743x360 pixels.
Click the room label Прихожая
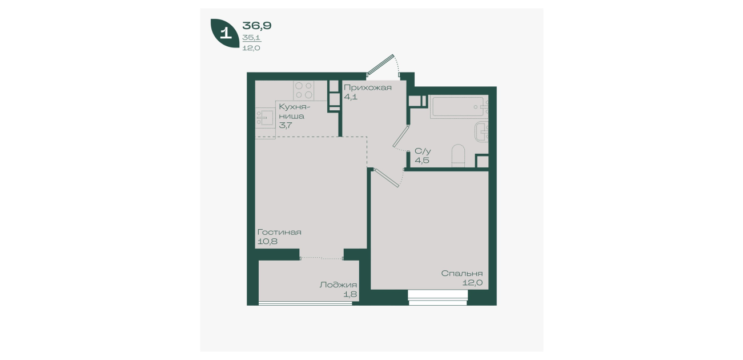pyautogui.click(x=368, y=87)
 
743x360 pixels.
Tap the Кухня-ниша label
pyautogui.click(x=294, y=111)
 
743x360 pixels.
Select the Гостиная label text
pyautogui.click(x=279, y=232)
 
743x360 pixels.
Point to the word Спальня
pyautogui.click(x=461, y=273)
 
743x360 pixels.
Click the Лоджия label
pyautogui.click(x=338, y=285)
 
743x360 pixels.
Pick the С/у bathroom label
pyautogui.click(x=423, y=151)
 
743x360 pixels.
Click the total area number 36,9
pyautogui.click(x=257, y=25)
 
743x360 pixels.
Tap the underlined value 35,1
pyautogui.click(x=251, y=38)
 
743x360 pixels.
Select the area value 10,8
pyautogui.click(x=267, y=241)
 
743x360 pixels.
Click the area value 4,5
pyautogui.click(x=422, y=160)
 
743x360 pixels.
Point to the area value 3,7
pyautogui.click(x=286, y=125)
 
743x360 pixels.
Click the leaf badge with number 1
pyautogui.click(x=225, y=33)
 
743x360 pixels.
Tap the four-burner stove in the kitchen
pyautogui.click(x=304, y=90)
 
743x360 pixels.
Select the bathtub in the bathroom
pyautogui.click(x=459, y=106)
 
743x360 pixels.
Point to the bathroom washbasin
pyautogui.click(x=481, y=132)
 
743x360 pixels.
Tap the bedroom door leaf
pyautogui.click(x=387, y=178)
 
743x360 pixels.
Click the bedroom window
pyautogui.click(x=438, y=298)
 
